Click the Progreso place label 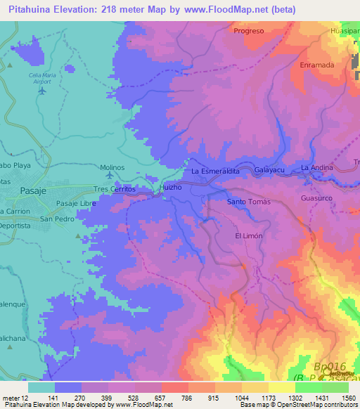(x=249, y=31)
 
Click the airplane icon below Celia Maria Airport (x=43, y=90)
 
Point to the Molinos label (x=112, y=168)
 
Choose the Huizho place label (x=172, y=188)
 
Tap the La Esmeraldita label (x=216, y=171)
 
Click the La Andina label (x=316, y=169)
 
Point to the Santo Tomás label (x=248, y=202)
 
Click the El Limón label (x=248, y=236)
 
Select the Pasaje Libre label (x=76, y=203)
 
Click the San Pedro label (x=56, y=219)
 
